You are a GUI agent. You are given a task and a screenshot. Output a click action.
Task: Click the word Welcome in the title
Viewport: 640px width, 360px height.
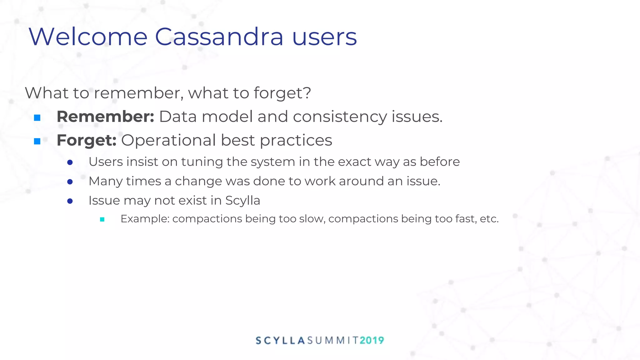tap(88, 37)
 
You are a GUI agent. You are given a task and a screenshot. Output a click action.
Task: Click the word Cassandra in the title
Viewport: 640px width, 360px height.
tap(219, 37)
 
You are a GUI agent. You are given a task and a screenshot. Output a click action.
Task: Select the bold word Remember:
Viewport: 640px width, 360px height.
tap(105, 117)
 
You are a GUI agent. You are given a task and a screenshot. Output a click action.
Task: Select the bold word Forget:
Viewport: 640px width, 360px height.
tap(87, 140)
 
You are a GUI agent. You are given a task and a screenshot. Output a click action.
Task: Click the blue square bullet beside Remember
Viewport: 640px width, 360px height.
tap(37, 118)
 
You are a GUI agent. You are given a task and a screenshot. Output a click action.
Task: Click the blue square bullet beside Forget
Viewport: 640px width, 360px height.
tap(37, 142)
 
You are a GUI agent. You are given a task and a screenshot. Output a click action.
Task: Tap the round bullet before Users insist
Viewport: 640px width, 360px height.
tap(70, 162)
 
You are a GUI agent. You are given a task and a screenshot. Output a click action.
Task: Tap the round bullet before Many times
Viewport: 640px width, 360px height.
tap(70, 182)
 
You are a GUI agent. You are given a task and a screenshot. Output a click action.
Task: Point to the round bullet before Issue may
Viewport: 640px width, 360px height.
tap(70, 201)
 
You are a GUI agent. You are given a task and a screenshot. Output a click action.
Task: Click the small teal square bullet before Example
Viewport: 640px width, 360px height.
tap(102, 219)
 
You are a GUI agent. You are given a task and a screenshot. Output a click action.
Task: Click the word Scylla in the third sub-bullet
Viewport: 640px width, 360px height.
tap(242, 200)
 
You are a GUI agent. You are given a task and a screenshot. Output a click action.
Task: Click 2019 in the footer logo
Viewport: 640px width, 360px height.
tap(372, 340)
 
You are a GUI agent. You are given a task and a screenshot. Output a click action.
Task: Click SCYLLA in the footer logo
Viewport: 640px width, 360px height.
tap(280, 340)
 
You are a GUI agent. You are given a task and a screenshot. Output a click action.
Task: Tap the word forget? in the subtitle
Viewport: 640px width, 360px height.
tap(282, 93)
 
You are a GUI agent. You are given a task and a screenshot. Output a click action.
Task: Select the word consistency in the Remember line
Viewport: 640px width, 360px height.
tap(340, 117)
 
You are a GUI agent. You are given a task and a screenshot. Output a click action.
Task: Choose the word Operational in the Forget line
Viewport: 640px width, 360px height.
tap(168, 140)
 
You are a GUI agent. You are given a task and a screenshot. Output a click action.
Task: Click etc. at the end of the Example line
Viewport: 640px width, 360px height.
tap(489, 219)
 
